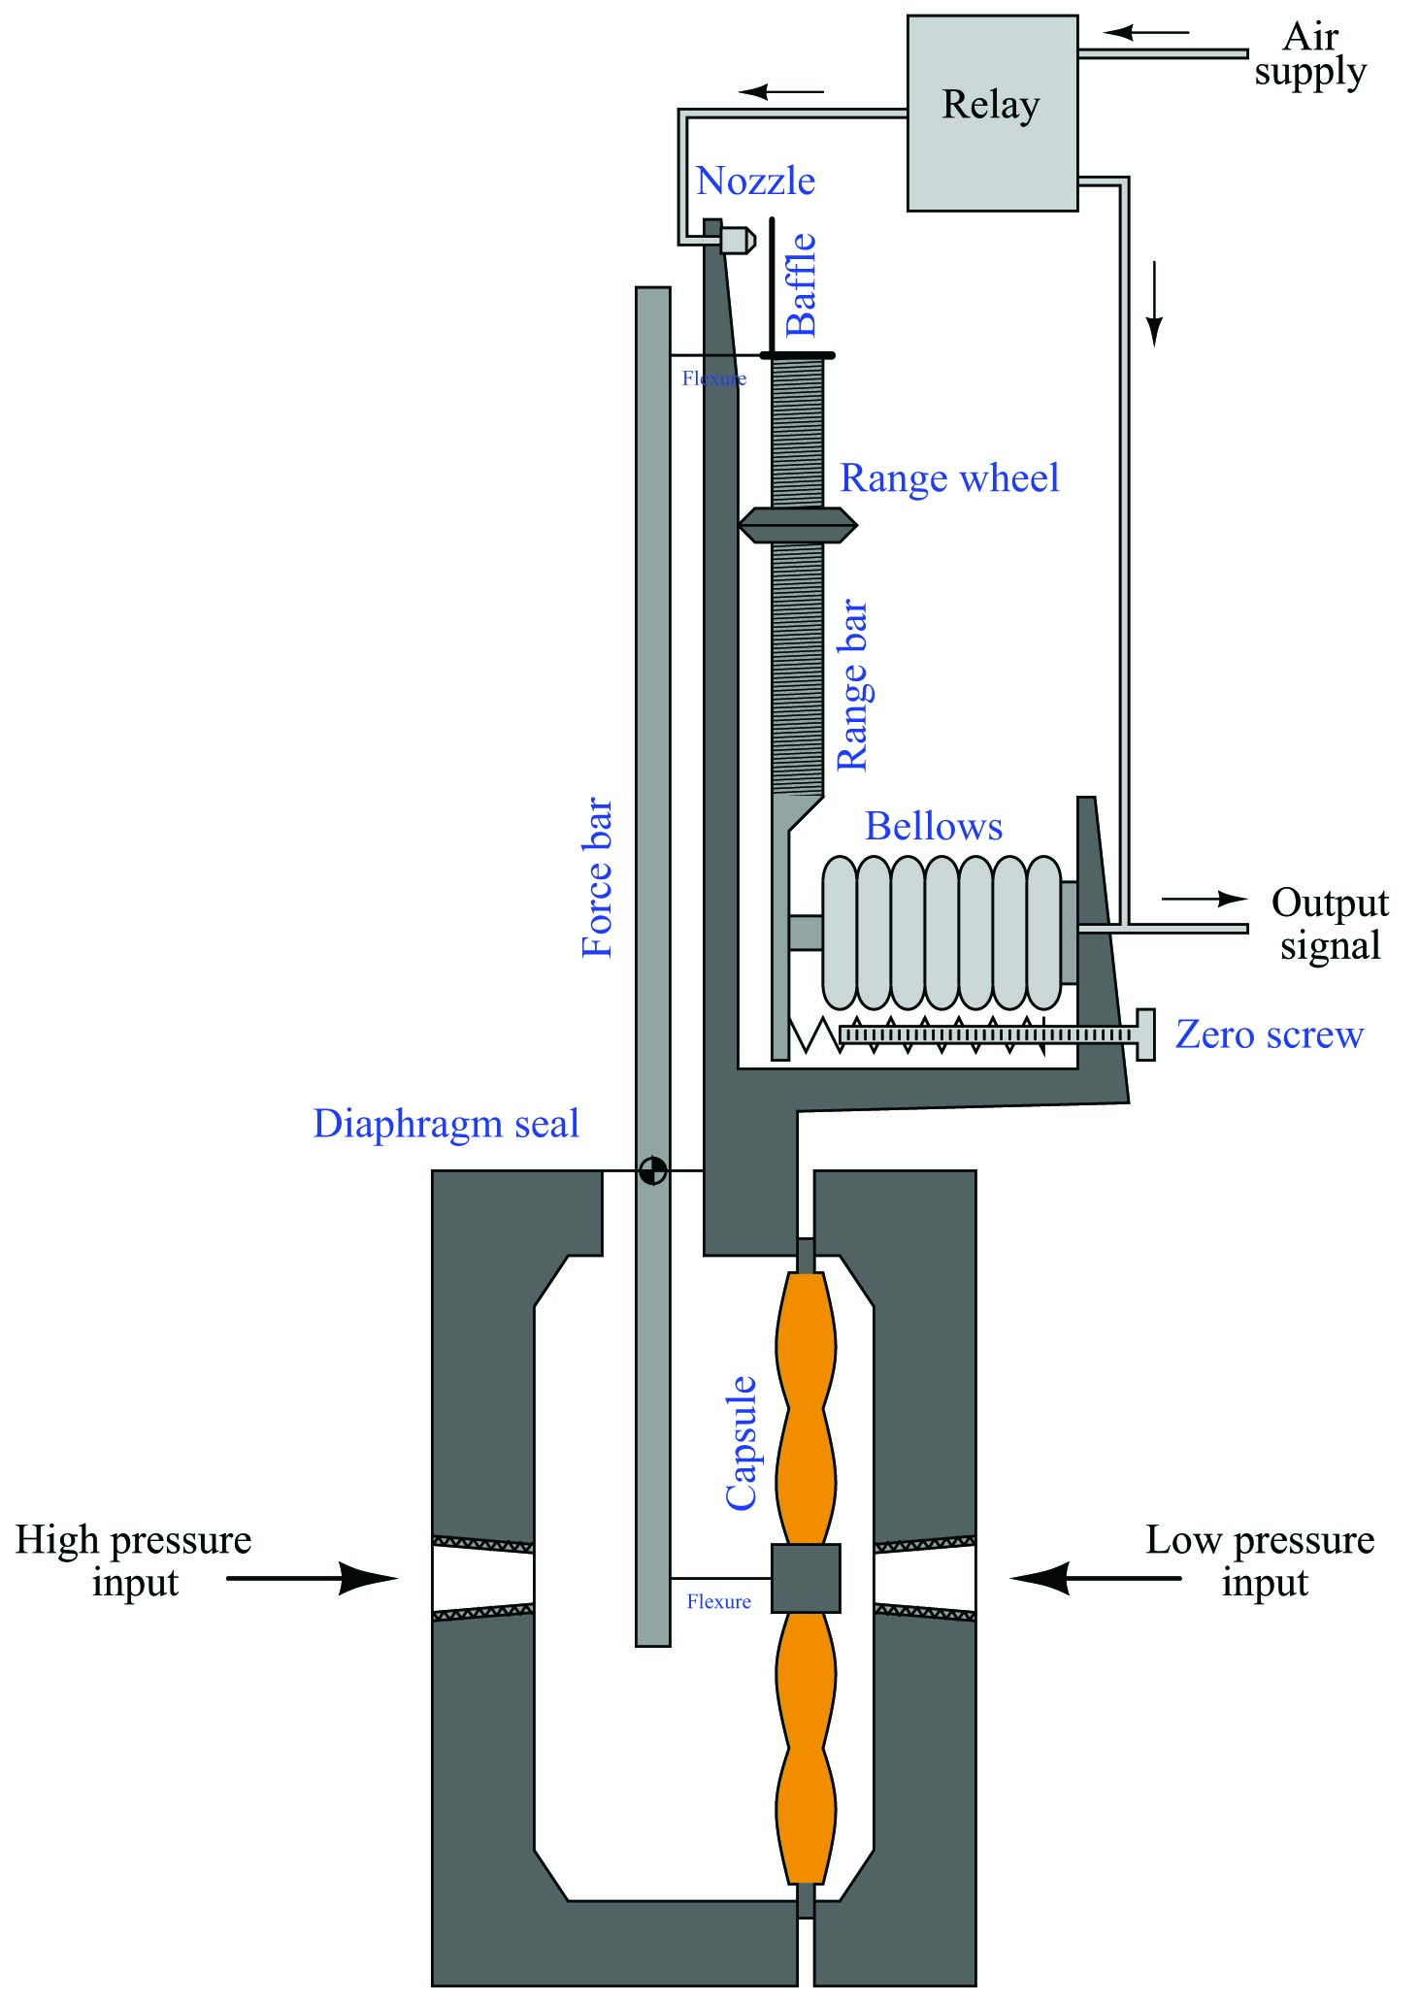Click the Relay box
(x=992, y=113)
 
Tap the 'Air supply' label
(x=1309, y=54)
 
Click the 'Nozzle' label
(x=756, y=181)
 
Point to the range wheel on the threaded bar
(x=797, y=525)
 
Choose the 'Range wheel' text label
(x=949, y=478)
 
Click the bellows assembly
(x=941, y=933)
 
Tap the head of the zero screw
(x=1144, y=1034)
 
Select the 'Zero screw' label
(x=1270, y=1034)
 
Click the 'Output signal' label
(x=1330, y=924)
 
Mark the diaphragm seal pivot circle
(x=653, y=1171)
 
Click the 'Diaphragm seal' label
(x=446, y=1124)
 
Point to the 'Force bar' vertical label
(x=598, y=878)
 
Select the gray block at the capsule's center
(x=806, y=1578)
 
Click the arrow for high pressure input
(x=312, y=1579)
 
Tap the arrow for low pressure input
(x=1096, y=1579)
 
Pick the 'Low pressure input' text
(x=1260, y=1560)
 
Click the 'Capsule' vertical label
(x=742, y=1442)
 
